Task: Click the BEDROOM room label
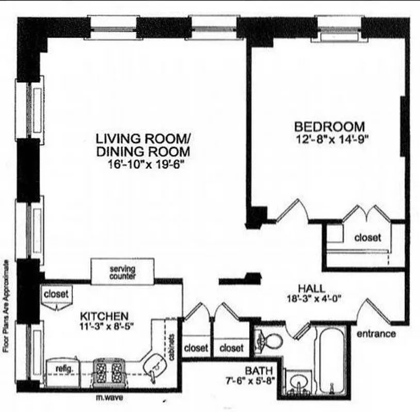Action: coord(329,126)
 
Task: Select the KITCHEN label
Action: coord(104,315)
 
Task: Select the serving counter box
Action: coord(122,271)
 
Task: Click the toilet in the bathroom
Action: coord(270,340)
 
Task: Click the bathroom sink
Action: coord(298,383)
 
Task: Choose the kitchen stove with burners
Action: coord(109,370)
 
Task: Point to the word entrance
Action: coord(376,334)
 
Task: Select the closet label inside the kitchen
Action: coord(56,294)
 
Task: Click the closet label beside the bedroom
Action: coord(367,237)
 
